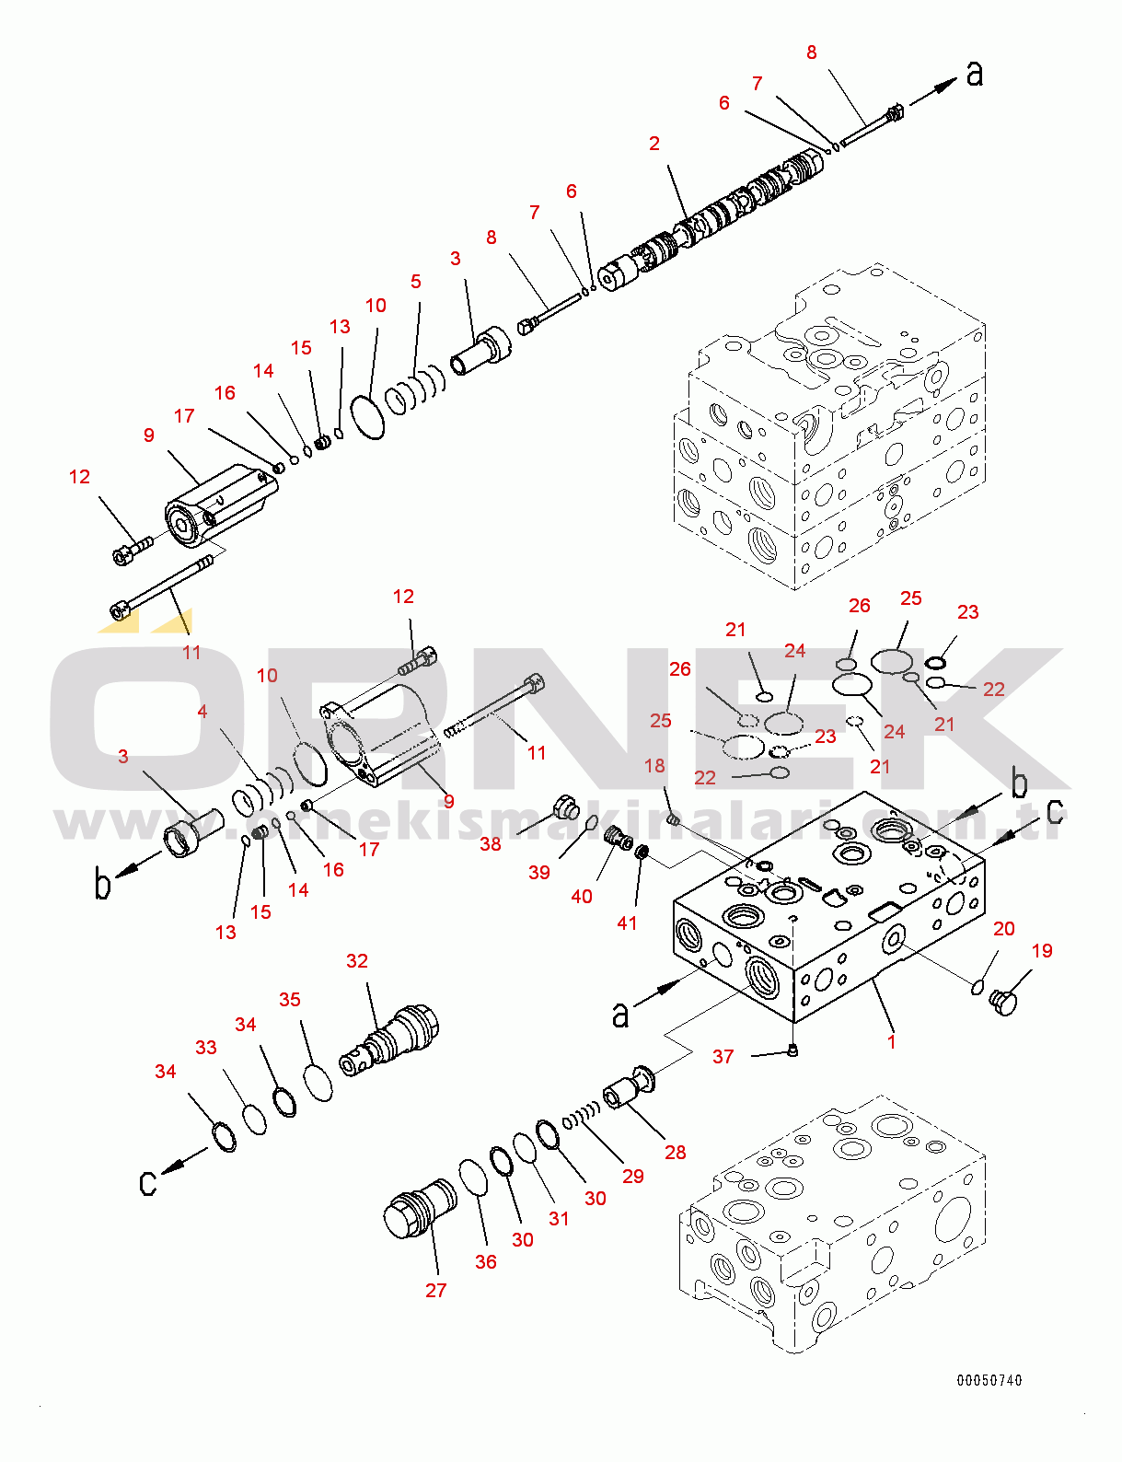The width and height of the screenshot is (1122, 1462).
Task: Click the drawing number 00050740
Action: point(989,1380)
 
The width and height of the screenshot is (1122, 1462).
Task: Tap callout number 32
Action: point(357,961)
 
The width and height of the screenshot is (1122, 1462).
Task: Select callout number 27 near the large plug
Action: point(436,1291)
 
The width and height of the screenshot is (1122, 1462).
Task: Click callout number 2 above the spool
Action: point(654,144)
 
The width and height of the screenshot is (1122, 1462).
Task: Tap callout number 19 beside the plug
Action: point(1042,951)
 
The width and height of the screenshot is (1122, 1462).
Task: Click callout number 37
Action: point(723,1057)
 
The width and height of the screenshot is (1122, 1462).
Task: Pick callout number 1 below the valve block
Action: point(891,1041)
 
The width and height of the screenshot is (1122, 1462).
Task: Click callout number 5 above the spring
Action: point(416,282)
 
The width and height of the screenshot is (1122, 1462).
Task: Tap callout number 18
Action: point(654,766)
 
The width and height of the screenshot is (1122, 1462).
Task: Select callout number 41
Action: point(627,922)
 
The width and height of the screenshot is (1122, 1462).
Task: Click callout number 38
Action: point(491,844)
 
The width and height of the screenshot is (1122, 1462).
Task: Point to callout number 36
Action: point(486,1262)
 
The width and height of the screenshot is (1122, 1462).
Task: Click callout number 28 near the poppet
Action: point(676,1153)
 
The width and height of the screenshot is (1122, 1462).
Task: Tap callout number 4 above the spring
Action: point(202,711)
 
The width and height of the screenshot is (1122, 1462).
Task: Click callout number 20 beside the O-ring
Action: point(1004,929)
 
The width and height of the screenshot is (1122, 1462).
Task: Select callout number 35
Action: point(290,1000)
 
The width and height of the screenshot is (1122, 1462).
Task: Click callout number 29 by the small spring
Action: point(633,1177)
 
